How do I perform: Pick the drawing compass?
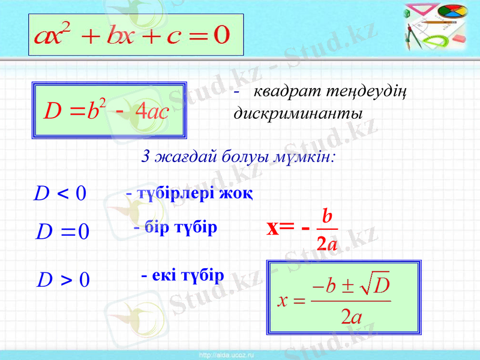pos(413,36)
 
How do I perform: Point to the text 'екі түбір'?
pos(187,275)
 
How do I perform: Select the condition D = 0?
pos(63,230)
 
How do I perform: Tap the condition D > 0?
pos(63,279)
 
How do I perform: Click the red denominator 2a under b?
pos(326,243)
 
